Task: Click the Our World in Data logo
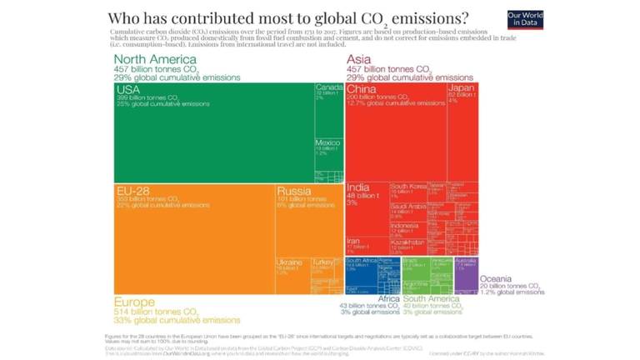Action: pyautogui.click(x=525, y=20)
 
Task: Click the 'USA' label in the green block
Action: pyautogui.click(x=128, y=89)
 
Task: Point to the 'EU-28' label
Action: pyautogui.click(x=132, y=191)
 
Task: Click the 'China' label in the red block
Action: pyautogui.click(x=362, y=89)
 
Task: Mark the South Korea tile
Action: pyautogui.click(x=407, y=191)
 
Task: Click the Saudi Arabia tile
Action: pyautogui.click(x=407, y=210)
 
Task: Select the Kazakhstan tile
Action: pyautogui.click(x=407, y=246)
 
